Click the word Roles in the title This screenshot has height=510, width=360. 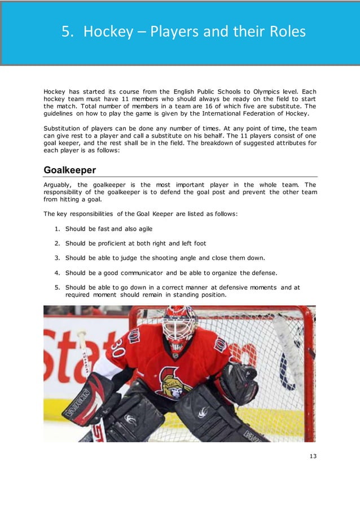pyautogui.click(x=284, y=32)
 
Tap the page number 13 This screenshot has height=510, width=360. pyautogui.click(x=313, y=456)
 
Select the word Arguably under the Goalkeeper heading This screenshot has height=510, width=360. pyautogui.click(x=58, y=184)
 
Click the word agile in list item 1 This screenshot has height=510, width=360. pyautogui.click(x=142, y=228)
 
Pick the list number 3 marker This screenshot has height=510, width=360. pyautogui.click(x=58, y=258)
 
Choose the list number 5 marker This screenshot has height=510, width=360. pyautogui.click(x=58, y=287)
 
